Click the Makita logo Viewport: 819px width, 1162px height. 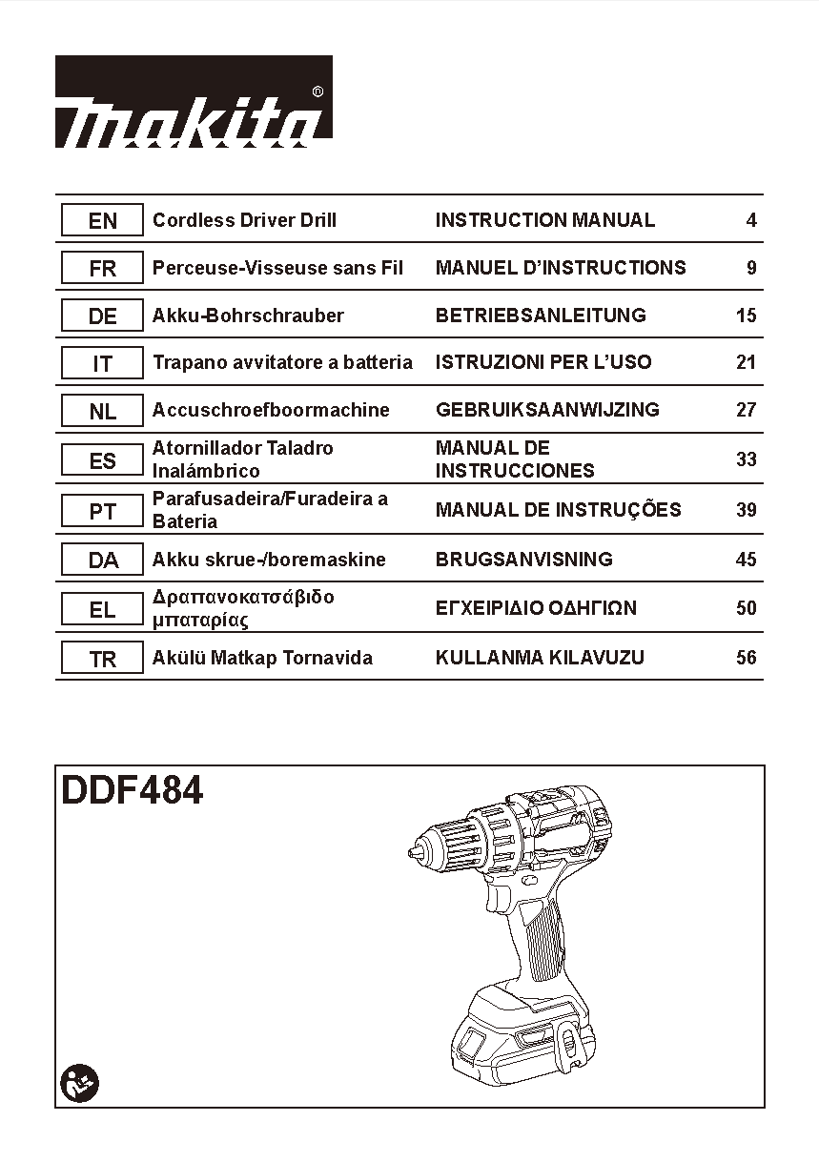tap(194, 102)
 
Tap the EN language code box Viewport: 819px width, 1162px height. tap(102, 220)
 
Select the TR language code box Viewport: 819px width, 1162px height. tap(102, 657)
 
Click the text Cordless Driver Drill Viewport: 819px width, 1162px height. tap(244, 220)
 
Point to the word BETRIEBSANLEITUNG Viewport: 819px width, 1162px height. tap(541, 315)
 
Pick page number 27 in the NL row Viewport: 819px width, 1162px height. tap(746, 410)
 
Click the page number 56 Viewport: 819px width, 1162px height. tap(746, 657)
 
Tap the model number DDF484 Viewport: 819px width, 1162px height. tap(132, 791)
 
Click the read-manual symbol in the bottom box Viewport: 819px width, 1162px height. tap(79, 1083)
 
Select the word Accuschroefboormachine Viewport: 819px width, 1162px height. tap(271, 410)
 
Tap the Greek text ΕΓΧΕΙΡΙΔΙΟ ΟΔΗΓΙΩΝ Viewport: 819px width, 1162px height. tap(536, 607)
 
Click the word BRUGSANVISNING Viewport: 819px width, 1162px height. tap(524, 560)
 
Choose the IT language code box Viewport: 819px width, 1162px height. tap(102, 362)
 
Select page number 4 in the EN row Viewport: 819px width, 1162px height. tap(751, 220)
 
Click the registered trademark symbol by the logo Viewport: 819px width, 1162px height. tap(318, 92)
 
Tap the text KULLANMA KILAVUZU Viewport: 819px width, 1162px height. tap(540, 657)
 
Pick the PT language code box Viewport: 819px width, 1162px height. tap(102, 510)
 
